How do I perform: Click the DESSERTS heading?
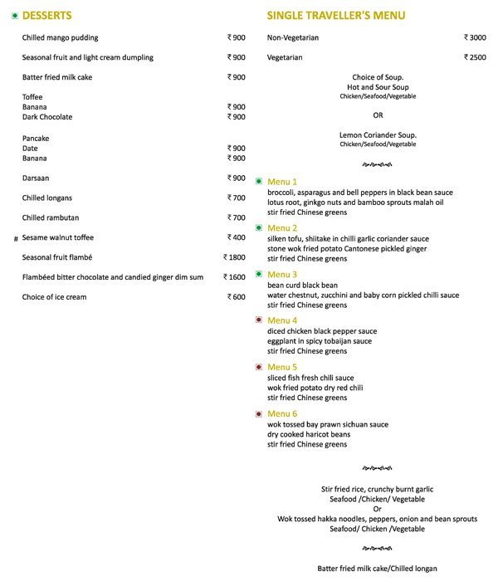coord(47,16)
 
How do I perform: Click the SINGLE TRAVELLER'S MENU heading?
coord(336,16)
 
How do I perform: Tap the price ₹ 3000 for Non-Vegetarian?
coord(475,37)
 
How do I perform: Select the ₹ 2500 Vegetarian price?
coord(475,57)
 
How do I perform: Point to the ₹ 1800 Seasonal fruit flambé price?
coord(235,257)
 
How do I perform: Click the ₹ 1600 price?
coord(235,277)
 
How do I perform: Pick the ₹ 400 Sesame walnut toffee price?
coord(237,237)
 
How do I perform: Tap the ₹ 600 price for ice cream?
coord(237,297)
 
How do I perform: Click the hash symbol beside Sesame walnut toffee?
coord(15,238)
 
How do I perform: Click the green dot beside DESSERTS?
coord(15,16)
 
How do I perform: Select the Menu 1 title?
coord(282,182)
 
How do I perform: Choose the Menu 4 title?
coord(282,320)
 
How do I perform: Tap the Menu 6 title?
coord(282,413)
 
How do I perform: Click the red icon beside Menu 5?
coord(259,367)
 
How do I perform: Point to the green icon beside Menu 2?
coord(259,227)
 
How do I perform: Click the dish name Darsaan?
coord(37,178)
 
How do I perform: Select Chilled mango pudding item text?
coord(60,37)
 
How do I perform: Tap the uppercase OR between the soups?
coord(378,115)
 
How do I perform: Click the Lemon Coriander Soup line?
coord(378,134)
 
